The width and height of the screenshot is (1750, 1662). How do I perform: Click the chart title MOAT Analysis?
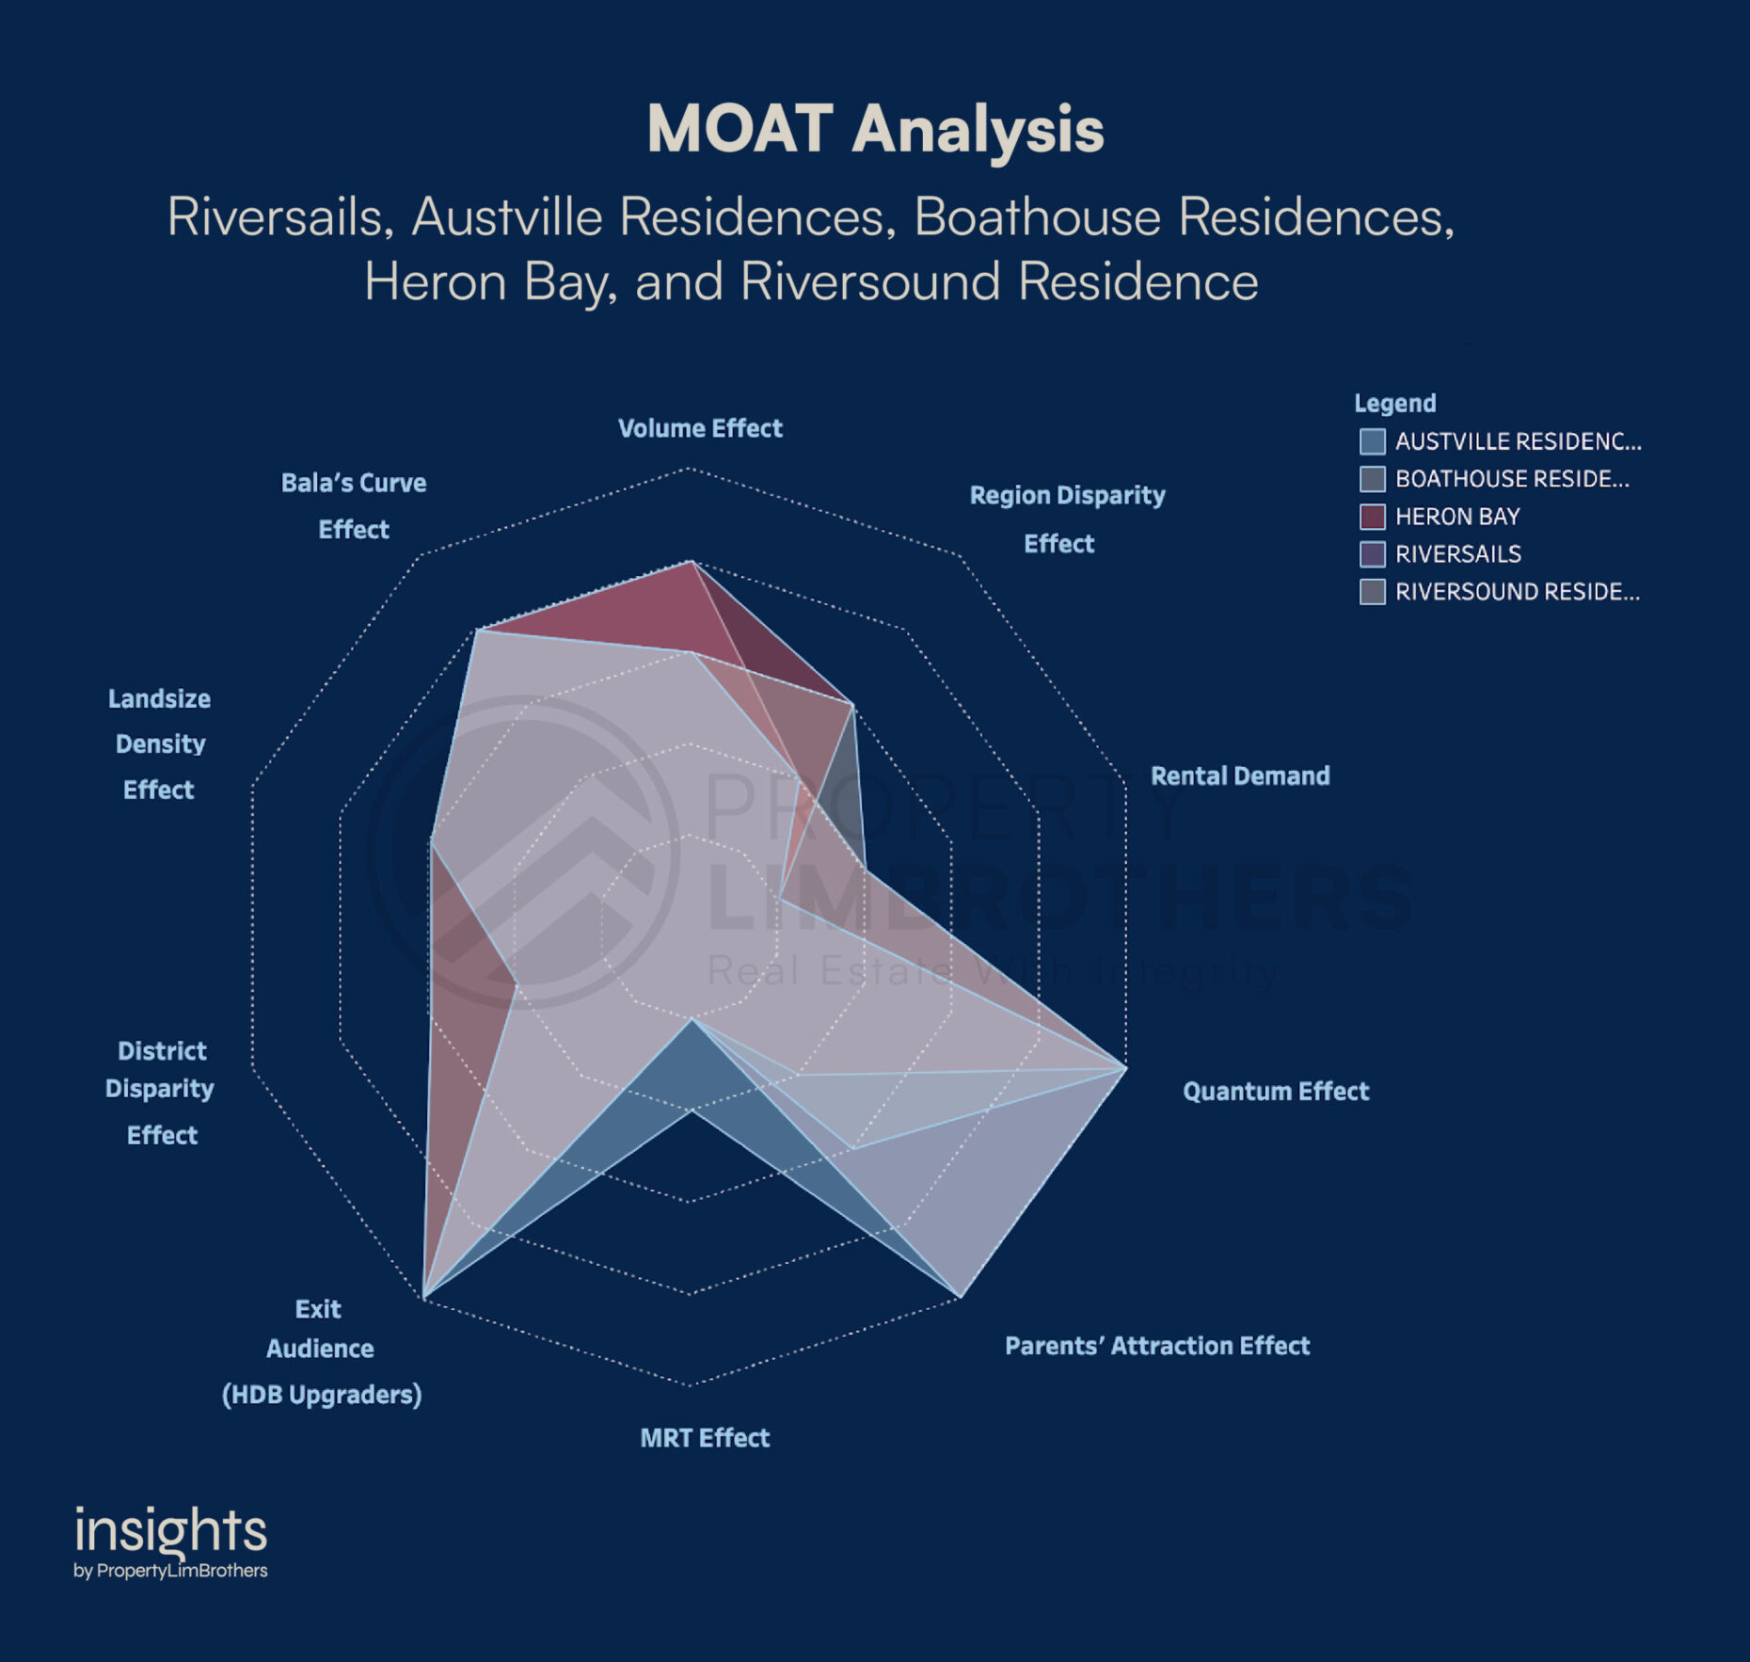(875, 129)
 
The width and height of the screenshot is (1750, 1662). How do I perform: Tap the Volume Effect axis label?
(700, 428)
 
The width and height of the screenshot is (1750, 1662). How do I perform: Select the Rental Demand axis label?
(1240, 775)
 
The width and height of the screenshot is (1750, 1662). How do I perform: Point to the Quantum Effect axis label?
(1276, 1091)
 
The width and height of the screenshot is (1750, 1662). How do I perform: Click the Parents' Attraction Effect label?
(1157, 1346)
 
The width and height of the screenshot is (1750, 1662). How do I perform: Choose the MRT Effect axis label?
(705, 1437)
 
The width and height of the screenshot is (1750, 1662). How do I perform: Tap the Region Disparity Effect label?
(1067, 519)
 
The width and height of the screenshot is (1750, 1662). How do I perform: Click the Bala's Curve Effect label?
(354, 505)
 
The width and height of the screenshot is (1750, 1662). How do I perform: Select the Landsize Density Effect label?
(159, 743)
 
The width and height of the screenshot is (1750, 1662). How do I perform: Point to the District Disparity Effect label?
(160, 1092)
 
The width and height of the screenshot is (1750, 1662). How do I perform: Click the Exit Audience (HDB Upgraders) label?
(321, 1350)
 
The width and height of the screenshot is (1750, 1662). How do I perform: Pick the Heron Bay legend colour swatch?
(1373, 517)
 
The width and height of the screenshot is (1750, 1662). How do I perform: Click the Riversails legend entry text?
(1458, 554)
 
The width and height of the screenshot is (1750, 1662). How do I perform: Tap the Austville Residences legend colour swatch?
(1373, 441)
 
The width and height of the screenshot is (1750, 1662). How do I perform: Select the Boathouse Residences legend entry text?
(1512, 479)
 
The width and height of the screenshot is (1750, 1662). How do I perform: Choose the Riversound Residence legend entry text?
(1518, 592)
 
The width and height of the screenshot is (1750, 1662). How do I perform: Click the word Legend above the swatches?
(1395, 403)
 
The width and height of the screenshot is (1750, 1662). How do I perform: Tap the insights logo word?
(170, 1530)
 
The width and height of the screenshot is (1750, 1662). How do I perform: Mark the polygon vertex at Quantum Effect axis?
(1126, 1068)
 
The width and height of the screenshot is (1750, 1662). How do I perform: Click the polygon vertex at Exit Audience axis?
(424, 1298)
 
